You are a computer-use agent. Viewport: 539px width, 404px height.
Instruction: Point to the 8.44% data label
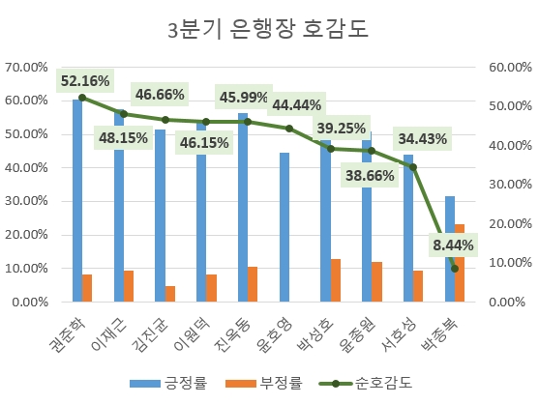453,245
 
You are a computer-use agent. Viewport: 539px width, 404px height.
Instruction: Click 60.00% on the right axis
507,68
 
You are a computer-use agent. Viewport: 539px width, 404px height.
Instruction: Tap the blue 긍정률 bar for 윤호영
284,227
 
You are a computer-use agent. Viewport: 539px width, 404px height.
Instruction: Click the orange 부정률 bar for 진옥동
253,284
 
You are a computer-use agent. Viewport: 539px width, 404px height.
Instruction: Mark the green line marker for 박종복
455,269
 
